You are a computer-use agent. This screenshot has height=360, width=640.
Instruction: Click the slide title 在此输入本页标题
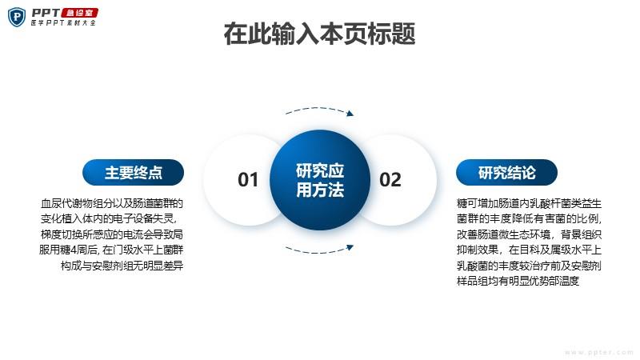coord(319,34)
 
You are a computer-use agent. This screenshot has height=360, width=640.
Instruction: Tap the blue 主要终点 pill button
coord(133,172)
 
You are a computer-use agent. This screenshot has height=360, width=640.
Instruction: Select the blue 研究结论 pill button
coord(506,172)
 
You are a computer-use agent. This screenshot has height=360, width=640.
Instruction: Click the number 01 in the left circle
coord(248,179)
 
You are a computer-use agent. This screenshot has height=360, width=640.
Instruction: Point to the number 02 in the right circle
coord(390,179)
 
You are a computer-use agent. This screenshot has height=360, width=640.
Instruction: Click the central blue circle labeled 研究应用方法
coord(320,180)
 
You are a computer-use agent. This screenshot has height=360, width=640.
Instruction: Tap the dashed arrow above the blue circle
coord(319,110)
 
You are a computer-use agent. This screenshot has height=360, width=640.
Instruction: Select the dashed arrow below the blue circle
coord(319,249)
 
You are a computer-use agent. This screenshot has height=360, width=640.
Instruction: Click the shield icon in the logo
coord(17,17)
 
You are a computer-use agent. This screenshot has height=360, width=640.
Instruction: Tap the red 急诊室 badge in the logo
coord(79,13)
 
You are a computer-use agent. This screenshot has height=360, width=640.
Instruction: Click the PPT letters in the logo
coord(46,13)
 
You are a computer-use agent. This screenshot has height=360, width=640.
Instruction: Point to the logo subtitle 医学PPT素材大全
coord(63,23)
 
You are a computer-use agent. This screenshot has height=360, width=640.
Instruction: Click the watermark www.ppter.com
coord(598,352)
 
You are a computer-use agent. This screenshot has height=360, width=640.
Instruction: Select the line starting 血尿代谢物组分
coord(112,203)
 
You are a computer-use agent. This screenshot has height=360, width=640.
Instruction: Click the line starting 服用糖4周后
coord(111,250)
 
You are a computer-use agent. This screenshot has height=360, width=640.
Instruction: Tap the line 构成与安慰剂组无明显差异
coord(122,266)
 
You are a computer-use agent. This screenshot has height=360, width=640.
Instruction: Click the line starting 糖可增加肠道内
coord(529,203)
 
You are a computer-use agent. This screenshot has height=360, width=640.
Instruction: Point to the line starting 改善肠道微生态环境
coord(529,234)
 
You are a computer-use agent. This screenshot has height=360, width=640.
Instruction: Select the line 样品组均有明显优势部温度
coord(518,281)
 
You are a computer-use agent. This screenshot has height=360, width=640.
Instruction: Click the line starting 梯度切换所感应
coord(112,234)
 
